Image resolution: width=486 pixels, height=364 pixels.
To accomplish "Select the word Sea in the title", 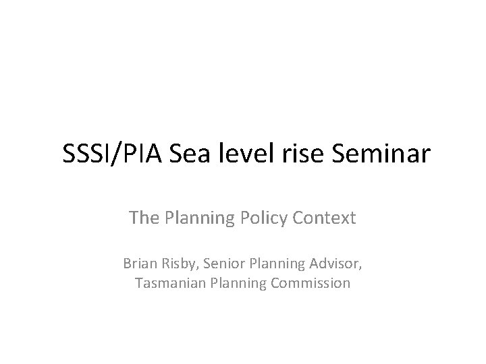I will click(x=181, y=156).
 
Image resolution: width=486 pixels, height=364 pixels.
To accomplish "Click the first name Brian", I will click(x=139, y=264).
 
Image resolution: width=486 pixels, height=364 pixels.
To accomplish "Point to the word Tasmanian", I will click(x=165, y=283).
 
